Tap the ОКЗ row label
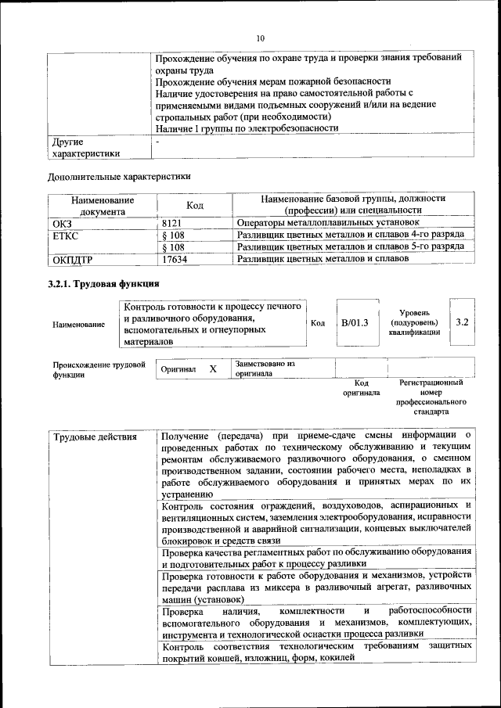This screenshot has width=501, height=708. coord(62,222)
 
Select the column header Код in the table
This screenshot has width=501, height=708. coord(194,205)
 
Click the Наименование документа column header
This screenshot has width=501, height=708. coord(102,205)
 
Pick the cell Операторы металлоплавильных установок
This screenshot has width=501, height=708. coord(323,222)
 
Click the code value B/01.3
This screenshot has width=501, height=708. coord(355,322)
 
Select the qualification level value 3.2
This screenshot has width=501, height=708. coord(462,322)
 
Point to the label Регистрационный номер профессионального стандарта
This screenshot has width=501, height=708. coord(431,397)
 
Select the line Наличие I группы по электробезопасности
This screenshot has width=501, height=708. coord(247,128)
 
